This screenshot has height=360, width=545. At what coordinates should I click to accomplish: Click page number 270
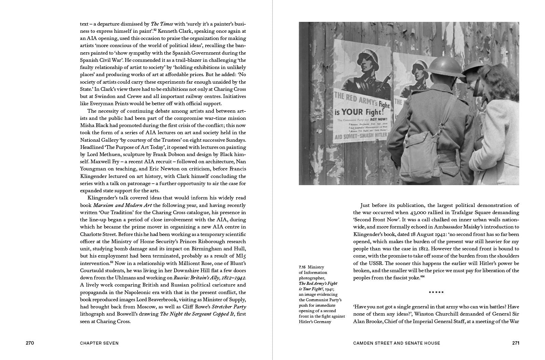30,343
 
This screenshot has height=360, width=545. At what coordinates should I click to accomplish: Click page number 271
516,343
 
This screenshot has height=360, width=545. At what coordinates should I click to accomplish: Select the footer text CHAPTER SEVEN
99,343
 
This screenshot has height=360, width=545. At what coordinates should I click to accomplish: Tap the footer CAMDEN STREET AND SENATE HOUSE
396,343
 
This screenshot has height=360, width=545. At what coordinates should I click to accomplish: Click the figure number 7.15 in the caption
302,267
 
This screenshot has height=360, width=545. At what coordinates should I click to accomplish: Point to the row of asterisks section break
436,292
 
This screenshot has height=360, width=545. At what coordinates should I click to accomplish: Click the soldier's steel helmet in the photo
443,69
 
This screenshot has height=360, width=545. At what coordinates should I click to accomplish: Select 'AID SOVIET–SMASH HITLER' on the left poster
361,136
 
